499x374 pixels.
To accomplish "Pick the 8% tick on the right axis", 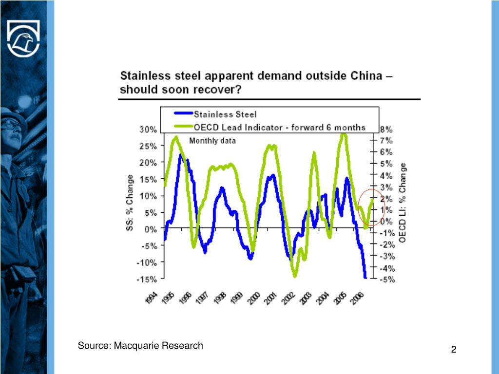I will pos(386,130).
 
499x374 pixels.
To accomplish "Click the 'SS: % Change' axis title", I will pos(130,203).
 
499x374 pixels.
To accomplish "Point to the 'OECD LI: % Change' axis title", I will pos(403,202).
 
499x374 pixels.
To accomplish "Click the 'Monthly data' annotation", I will pos(212,141).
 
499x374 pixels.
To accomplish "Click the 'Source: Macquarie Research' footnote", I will pos(140,346).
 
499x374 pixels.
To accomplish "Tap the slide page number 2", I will pos(454,350).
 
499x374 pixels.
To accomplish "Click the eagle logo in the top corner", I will pos(23,38).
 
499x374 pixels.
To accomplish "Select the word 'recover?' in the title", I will pos(219,90).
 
